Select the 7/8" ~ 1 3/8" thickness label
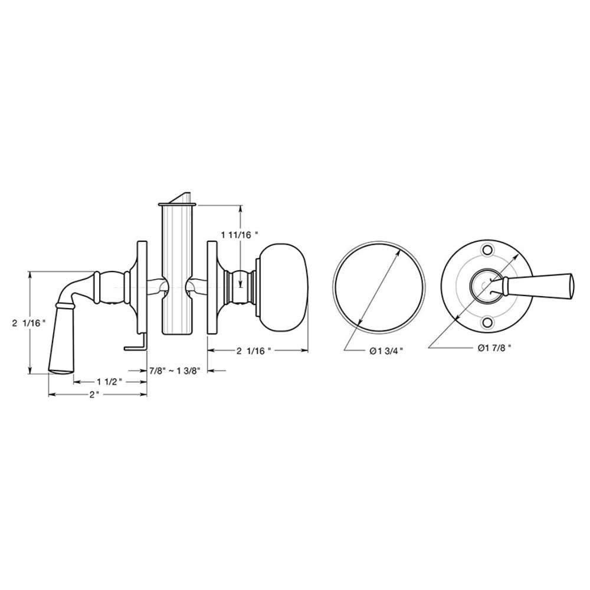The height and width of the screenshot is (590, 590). (x=175, y=371)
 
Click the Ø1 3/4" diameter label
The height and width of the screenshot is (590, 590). (x=386, y=351)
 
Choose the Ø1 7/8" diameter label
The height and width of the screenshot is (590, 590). (x=494, y=348)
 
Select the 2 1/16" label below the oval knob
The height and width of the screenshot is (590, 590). (x=253, y=351)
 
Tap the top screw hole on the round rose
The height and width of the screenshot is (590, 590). (x=487, y=250)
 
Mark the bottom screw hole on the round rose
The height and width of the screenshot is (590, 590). (x=487, y=322)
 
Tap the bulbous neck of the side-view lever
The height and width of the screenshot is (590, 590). (x=110, y=286)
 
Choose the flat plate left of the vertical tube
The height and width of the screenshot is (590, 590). (x=142, y=286)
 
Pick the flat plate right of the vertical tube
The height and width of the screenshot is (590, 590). (x=211, y=286)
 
